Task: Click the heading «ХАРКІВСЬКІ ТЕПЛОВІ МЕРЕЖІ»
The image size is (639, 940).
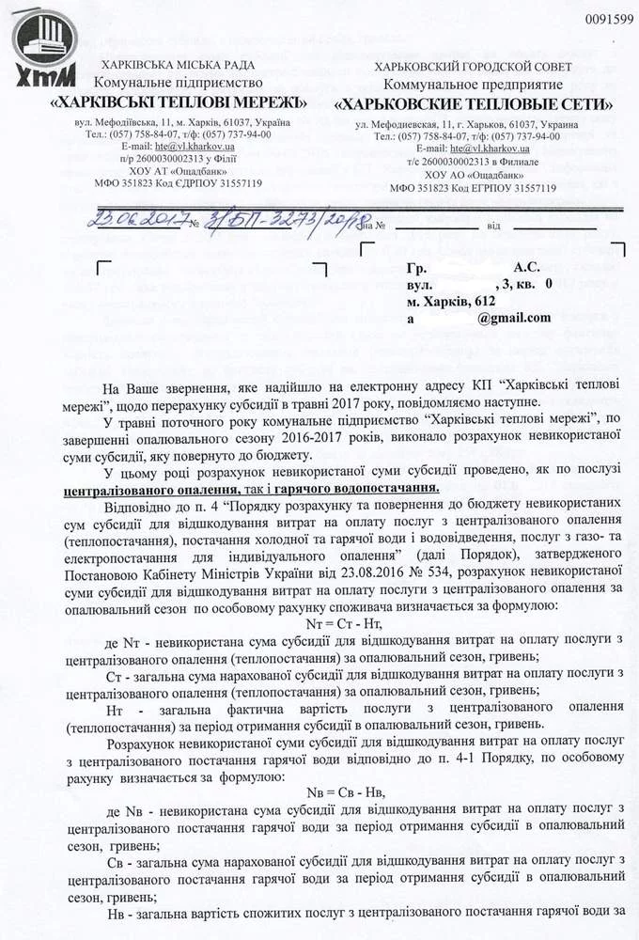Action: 180,102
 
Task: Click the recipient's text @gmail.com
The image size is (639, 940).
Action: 513,318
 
